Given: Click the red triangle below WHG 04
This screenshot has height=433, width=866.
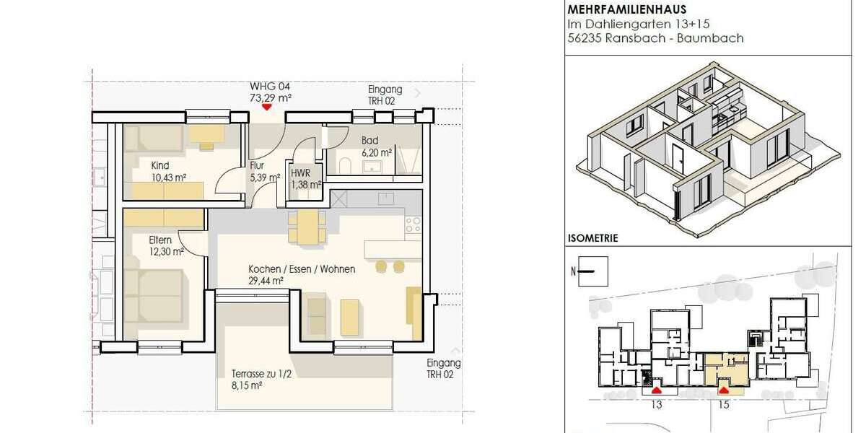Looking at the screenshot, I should tap(267, 107).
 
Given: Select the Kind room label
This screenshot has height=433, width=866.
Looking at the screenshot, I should tap(160, 165).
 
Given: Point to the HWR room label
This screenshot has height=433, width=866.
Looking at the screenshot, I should tap(300, 173).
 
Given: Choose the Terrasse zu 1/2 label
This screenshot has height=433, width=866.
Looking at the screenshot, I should tap(260, 375).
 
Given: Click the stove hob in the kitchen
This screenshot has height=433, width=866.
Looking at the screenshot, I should tap(414, 226).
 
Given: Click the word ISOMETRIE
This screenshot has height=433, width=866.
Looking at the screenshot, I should tap(592, 237).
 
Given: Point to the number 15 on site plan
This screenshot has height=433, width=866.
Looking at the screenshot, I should tap(725, 405).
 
